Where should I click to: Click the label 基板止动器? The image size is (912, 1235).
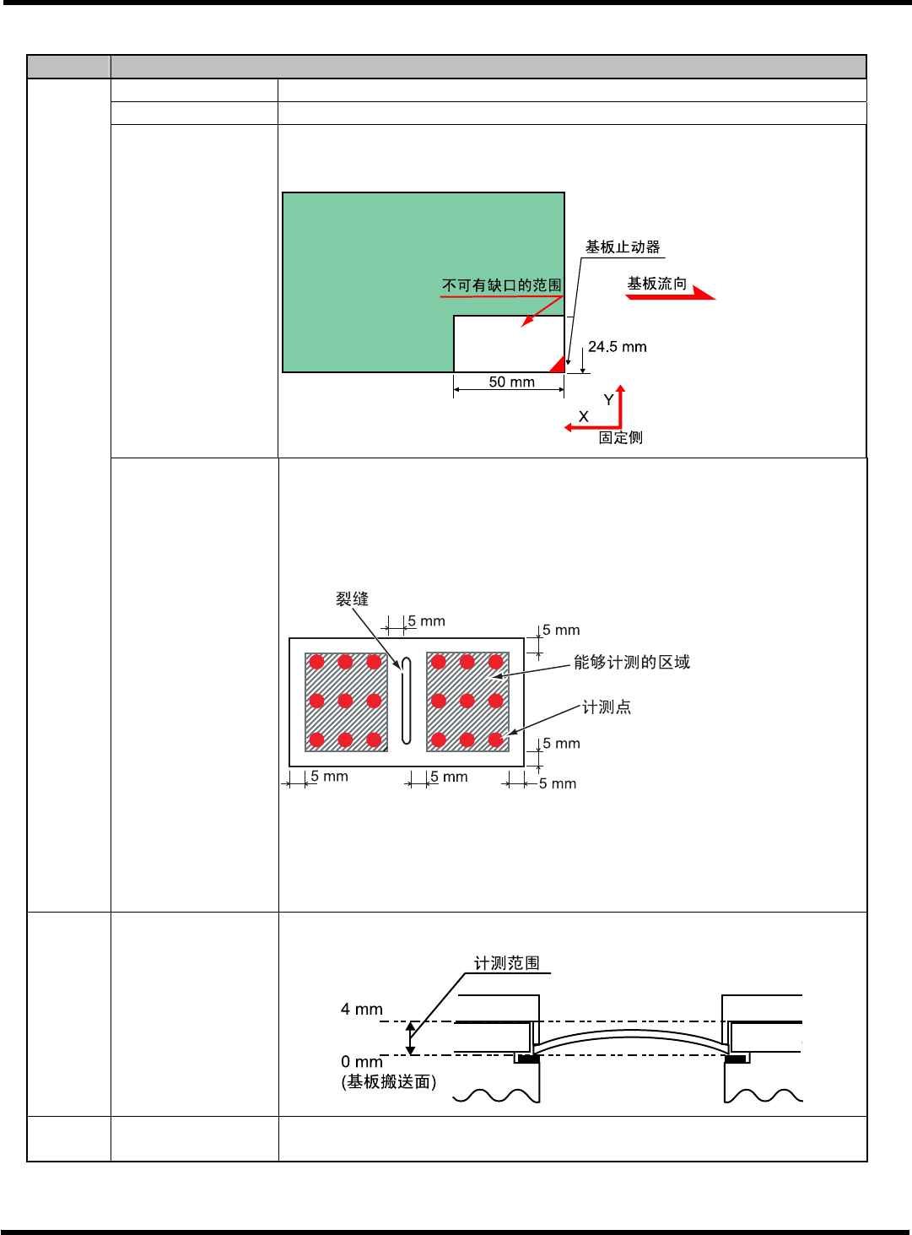pyautogui.click(x=623, y=247)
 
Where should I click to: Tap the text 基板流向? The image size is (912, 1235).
pyautogui.click(x=656, y=284)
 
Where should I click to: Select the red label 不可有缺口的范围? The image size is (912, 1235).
pyautogui.click(x=501, y=285)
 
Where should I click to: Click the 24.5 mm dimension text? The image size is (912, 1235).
pyautogui.click(x=617, y=347)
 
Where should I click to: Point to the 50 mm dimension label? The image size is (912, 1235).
pyautogui.click(x=511, y=382)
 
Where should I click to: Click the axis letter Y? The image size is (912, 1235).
pyautogui.click(x=608, y=400)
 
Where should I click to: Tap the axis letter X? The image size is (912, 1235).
pyautogui.click(x=583, y=417)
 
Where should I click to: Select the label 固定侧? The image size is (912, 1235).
pyautogui.click(x=620, y=437)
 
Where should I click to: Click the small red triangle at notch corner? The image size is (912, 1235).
pyautogui.click(x=558, y=365)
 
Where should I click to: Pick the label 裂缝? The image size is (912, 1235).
pyautogui.click(x=352, y=599)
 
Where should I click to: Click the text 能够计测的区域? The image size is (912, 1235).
pyautogui.click(x=631, y=663)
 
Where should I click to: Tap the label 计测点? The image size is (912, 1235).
pyautogui.click(x=607, y=707)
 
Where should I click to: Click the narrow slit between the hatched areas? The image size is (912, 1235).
pyautogui.click(x=406, y=701)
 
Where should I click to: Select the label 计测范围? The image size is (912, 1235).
pyautogui.click(x=506, y=963)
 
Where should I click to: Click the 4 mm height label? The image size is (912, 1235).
pyautogui.click(x=361, y=1010)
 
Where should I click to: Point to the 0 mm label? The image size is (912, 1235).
pyautogui.click(x=361, y=1062)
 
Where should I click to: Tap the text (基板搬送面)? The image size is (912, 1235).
pyautogui.click(x=388, y=1082)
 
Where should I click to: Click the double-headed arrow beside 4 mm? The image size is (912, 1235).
pyautogui.click(x=411, y=1038)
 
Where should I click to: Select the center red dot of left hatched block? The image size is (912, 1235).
pyautogui.click(x=345, y=701)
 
